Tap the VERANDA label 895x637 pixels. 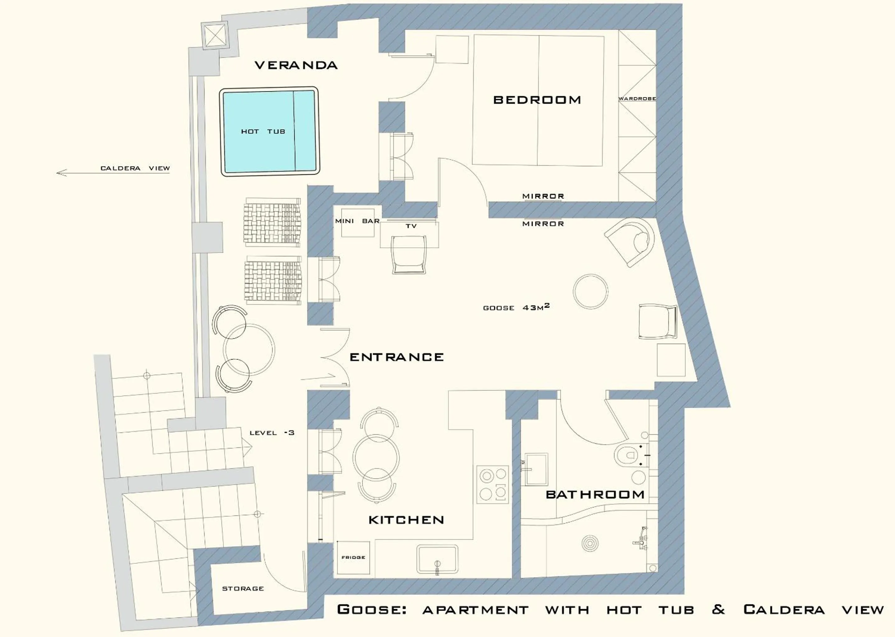[x=296, y=65]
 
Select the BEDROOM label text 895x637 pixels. [x=537, y=100]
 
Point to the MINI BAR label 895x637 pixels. [x=357, y=221]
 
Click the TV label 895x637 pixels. [x=411, y=226]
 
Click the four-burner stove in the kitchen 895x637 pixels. [x=493, y=484]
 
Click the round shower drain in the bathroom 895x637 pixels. [x=590, y=544]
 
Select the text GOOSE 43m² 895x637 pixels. [x=515, y=308]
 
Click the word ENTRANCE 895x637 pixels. [x=396, y=357]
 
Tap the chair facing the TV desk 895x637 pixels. [x=409, y=254]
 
